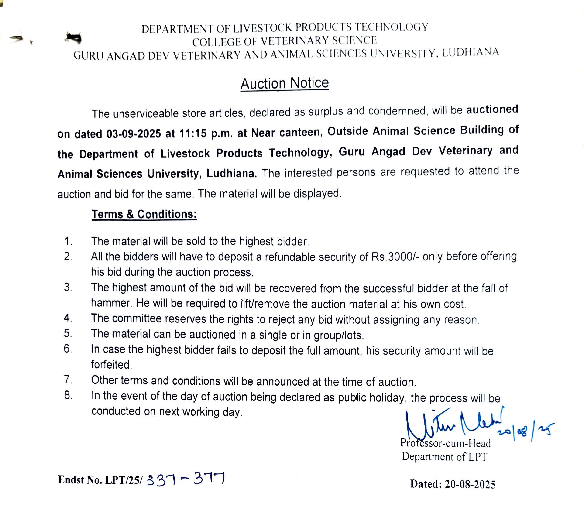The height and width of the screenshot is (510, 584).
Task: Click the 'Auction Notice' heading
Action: pos(285,84)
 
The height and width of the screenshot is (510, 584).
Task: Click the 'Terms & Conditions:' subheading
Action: pos(144,214)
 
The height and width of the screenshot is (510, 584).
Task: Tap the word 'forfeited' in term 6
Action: pos(111,365)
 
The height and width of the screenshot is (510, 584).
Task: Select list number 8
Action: pos(68,395)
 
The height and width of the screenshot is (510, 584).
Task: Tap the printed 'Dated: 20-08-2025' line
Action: pos(453,484)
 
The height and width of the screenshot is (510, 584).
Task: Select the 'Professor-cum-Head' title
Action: pos(445,443)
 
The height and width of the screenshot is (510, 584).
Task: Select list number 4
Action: pos(68,318)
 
